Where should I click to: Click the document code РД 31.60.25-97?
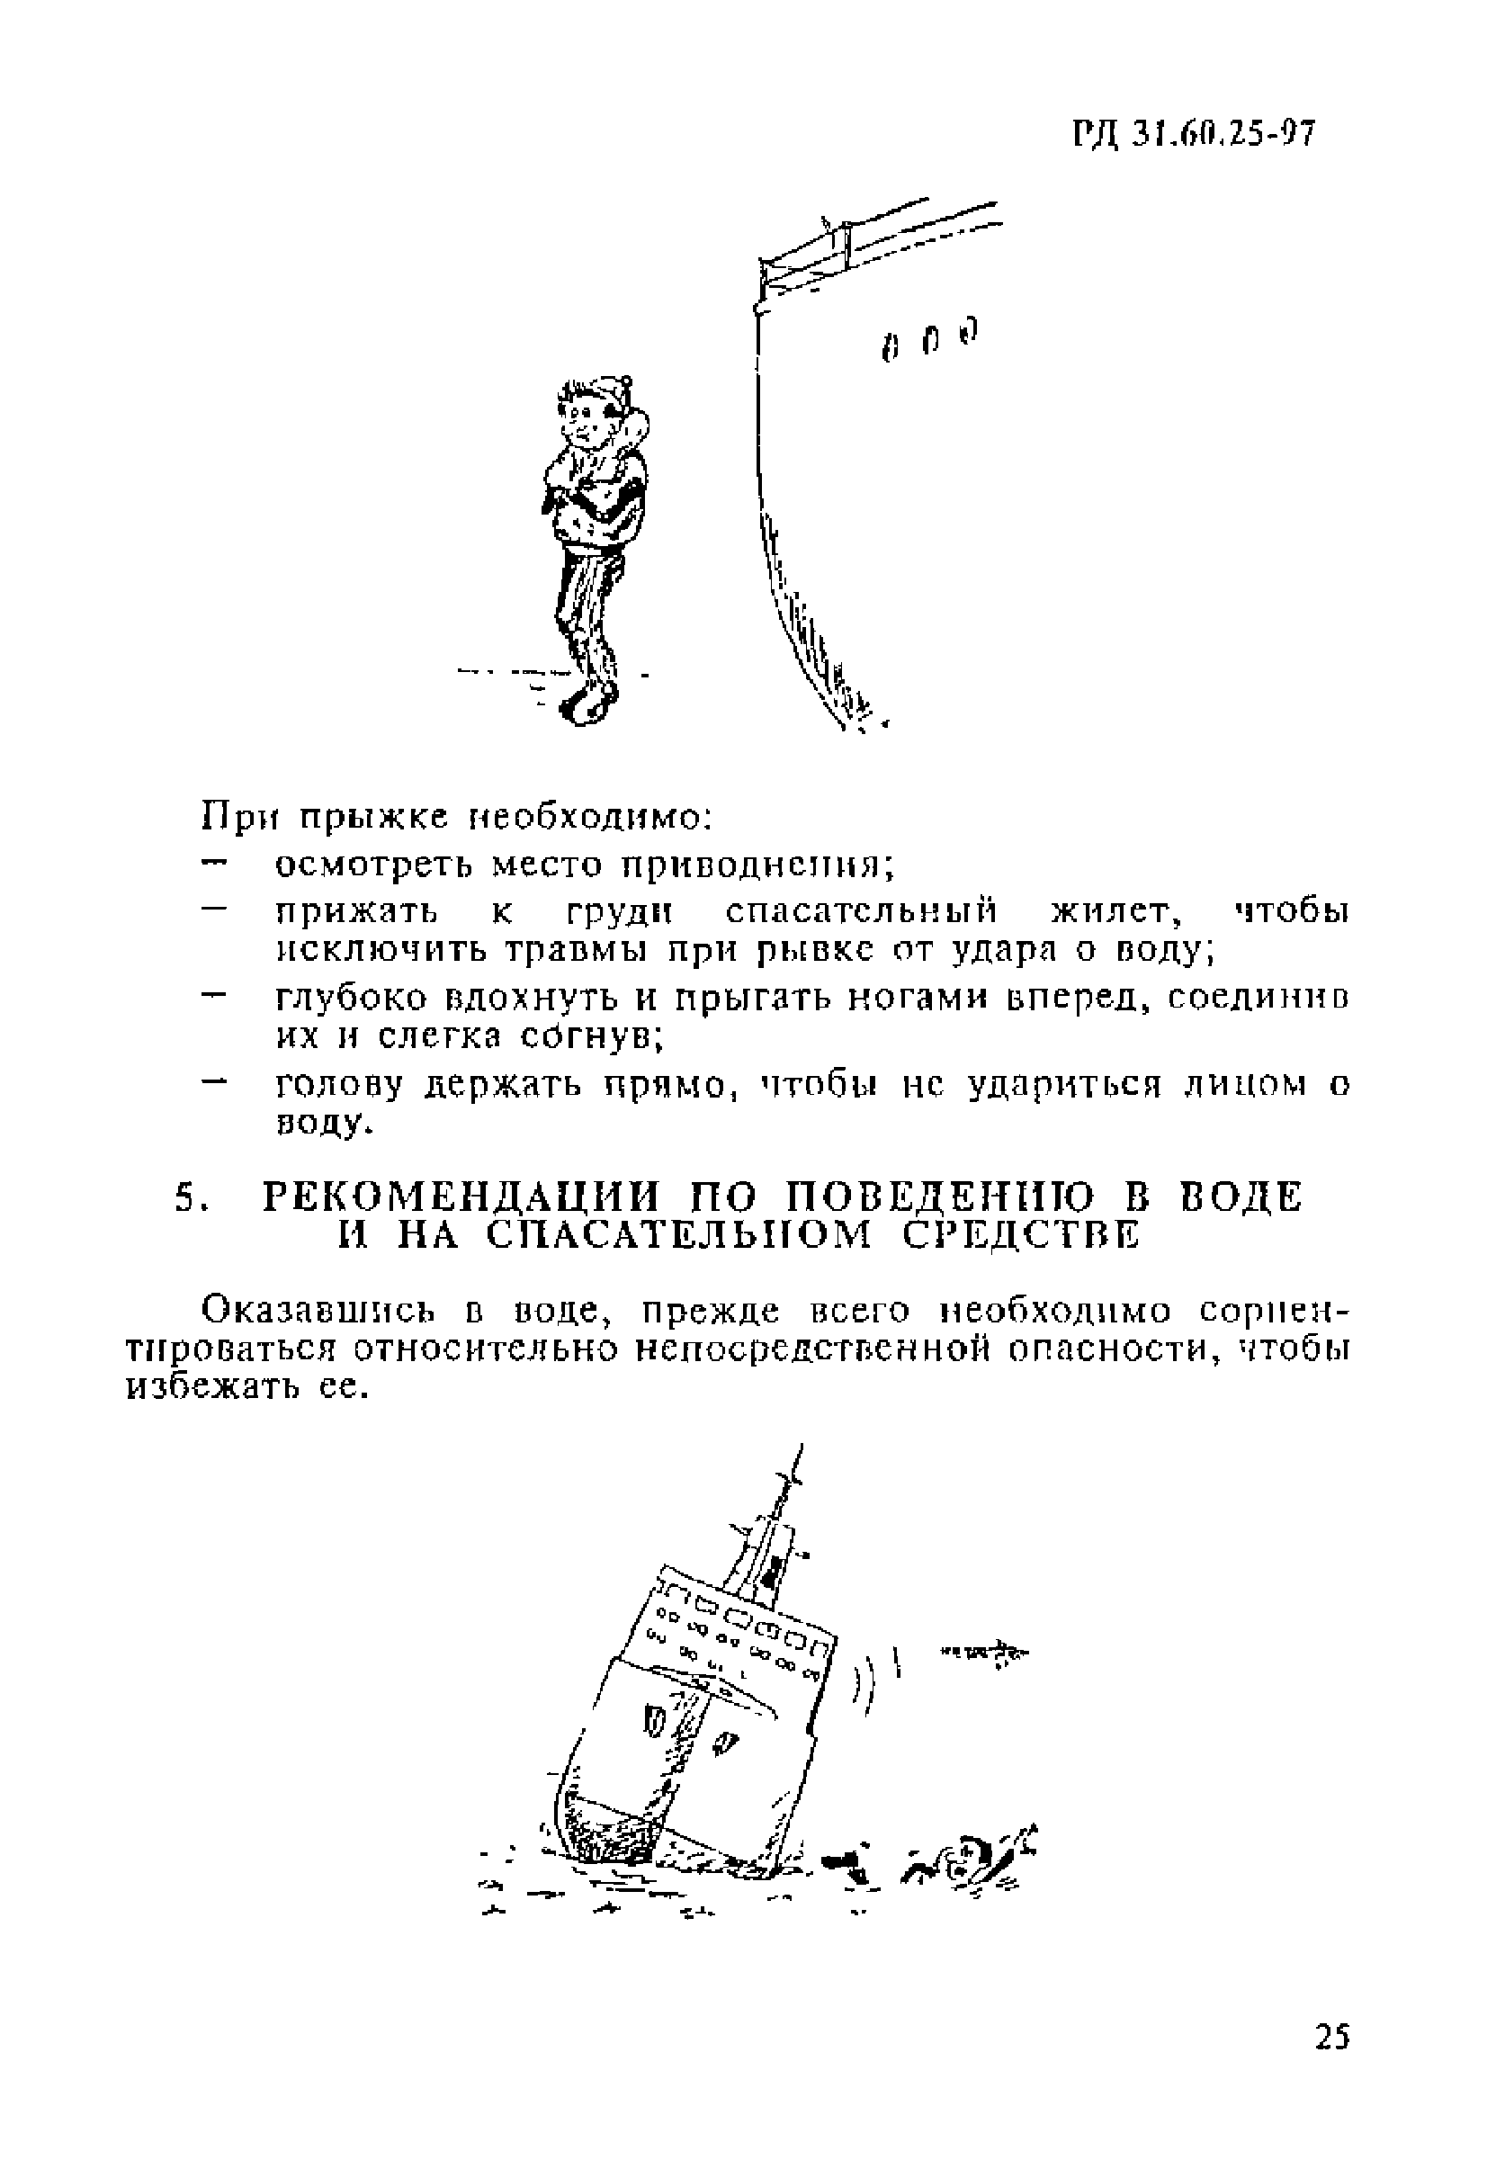click(1194, 135)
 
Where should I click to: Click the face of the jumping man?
click(582, 425)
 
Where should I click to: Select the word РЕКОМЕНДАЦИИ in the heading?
click(459, 1198)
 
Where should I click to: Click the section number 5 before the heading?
click(185, 1199)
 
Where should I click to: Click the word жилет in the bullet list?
click(1111, 911)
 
